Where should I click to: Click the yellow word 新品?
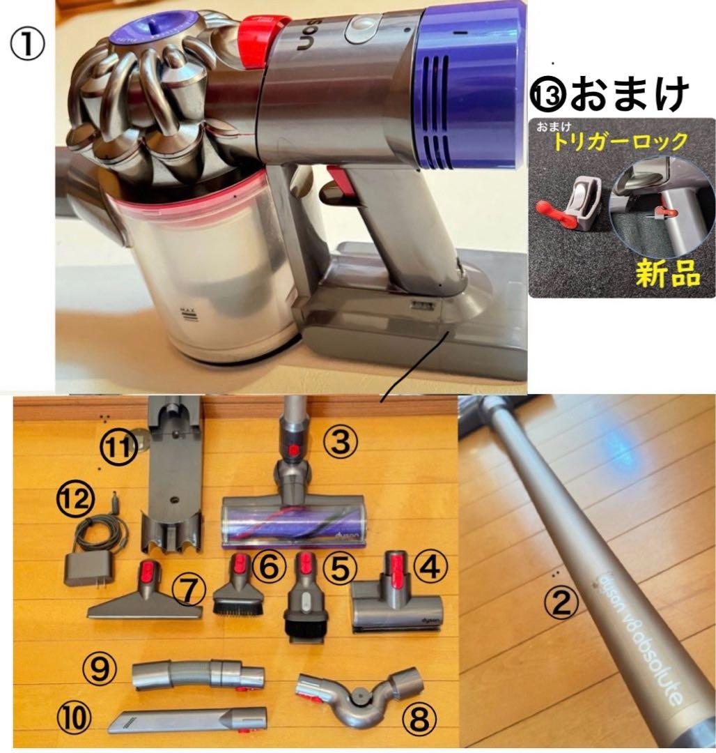[667, 273]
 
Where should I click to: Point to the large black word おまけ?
[630, 94]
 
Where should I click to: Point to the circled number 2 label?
[561, 600]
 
